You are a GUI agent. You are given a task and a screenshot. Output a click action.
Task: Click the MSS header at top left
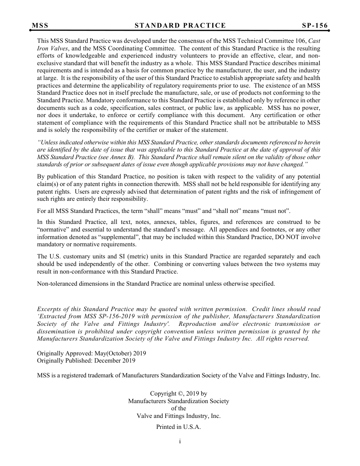(x=40, y=26)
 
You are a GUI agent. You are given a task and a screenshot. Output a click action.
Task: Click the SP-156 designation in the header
(x=315, y=26)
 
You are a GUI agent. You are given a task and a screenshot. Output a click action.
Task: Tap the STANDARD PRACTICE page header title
(x=180, y=26)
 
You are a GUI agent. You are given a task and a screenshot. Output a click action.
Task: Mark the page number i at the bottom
(x=180, y=441)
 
